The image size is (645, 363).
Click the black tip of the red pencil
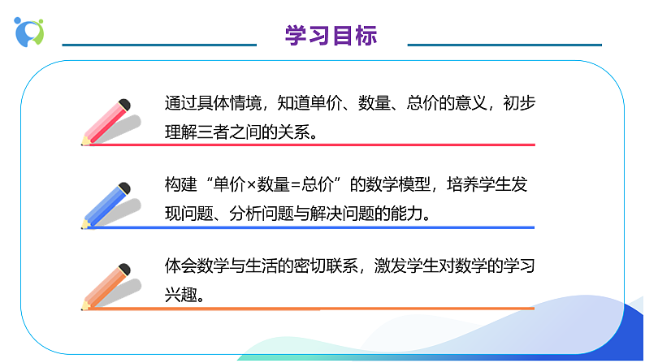coord(124,104)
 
